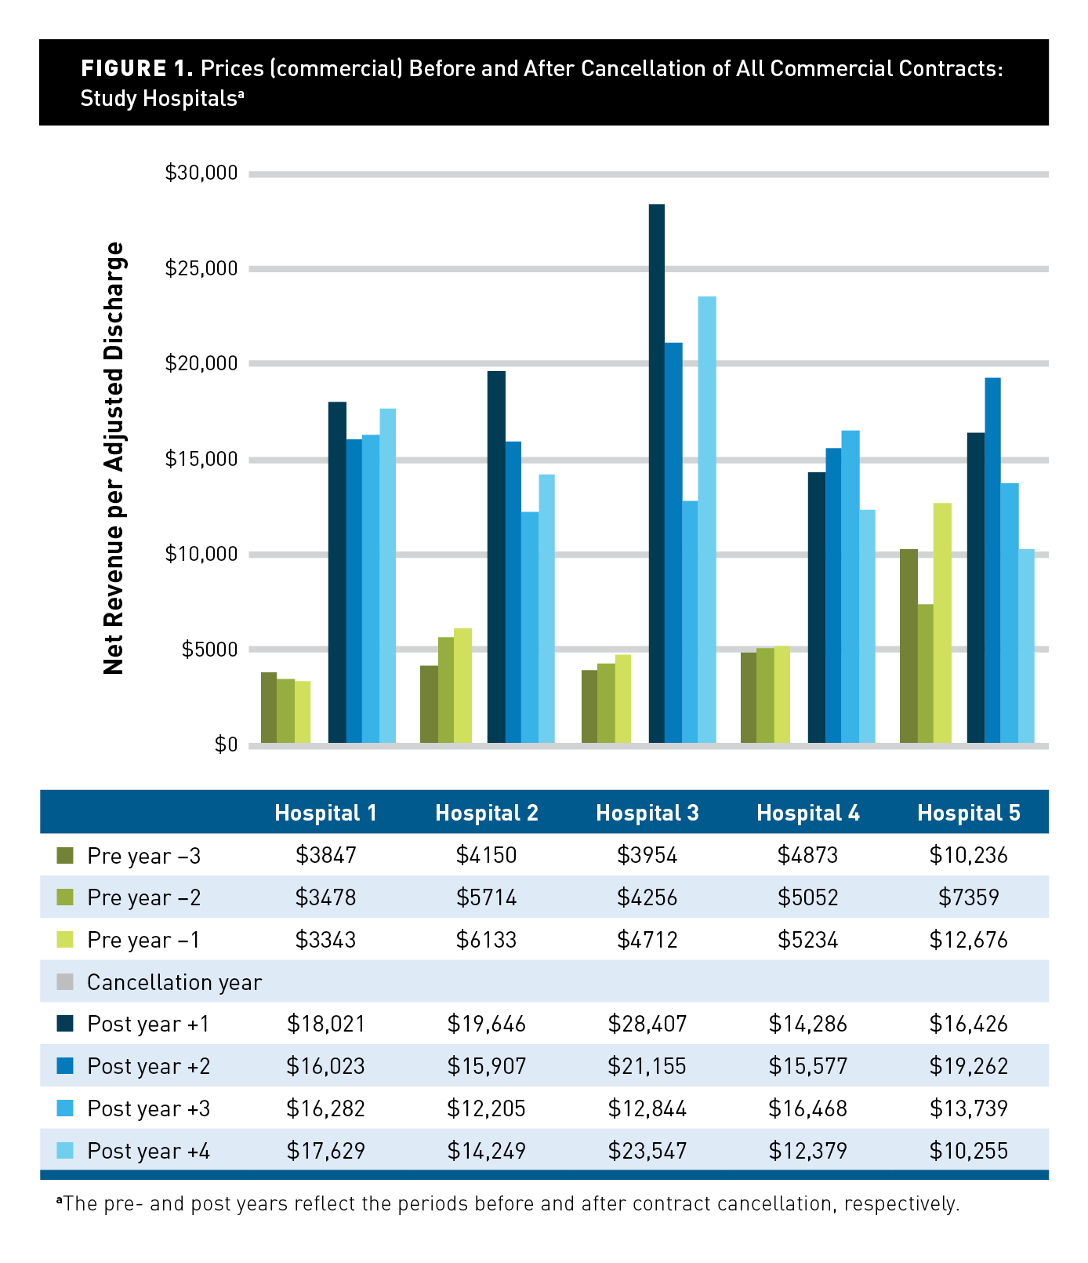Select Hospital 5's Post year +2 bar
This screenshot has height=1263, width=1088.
point(992,560)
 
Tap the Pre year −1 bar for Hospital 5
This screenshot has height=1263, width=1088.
point(942,623)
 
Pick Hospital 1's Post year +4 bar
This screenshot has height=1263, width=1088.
point(387,576)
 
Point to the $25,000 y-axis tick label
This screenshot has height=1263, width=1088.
point(201,268)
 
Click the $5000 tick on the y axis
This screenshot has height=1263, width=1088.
point(209,650)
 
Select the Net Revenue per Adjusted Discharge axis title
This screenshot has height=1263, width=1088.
point(114,458)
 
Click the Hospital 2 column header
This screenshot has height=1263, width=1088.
point(487,813)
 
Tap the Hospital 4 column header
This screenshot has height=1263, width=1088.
point(808,813)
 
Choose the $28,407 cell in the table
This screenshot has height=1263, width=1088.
point(647,1024)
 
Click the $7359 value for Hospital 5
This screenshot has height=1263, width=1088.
point(968,897)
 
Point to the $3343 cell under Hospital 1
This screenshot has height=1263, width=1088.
point(325,939)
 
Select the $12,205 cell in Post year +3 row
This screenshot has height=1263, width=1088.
point(486,1108)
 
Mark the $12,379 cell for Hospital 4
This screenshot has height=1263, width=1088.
point(807,1151)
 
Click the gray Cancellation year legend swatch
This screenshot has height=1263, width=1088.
point(65,981)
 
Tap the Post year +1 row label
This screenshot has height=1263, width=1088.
point(148,1024)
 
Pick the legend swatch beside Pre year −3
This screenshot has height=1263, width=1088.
point(65,854)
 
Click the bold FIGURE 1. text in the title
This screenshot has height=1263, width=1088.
point(136,69)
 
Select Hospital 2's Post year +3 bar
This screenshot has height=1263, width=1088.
point(530,628)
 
